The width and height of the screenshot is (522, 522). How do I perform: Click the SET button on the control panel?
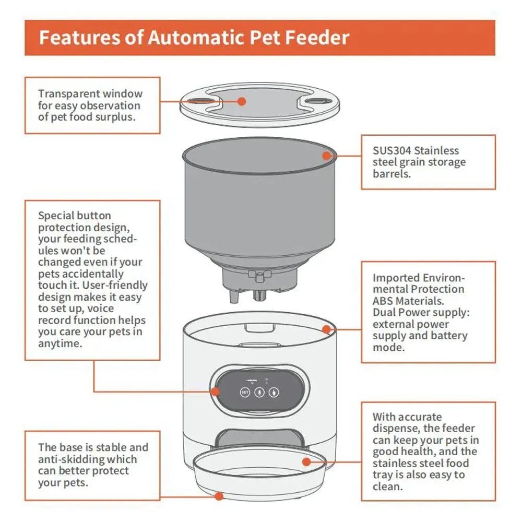tap(245, 392)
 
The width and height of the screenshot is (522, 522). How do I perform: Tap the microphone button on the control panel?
tap(259, 392)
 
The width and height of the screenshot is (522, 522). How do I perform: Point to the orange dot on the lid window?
tap(242, 101)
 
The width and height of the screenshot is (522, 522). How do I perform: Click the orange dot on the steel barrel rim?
tap(327, 155)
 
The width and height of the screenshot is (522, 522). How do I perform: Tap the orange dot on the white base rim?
tap(327, 329)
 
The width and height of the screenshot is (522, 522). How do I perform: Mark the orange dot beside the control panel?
tap(215, 391)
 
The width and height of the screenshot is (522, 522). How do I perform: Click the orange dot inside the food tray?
tap(306, 461)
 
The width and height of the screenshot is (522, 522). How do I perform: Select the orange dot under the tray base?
tap(219, 495)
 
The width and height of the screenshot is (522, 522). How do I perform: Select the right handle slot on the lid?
tap(315, 100)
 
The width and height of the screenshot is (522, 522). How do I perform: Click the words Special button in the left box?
tap(74, 216)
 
